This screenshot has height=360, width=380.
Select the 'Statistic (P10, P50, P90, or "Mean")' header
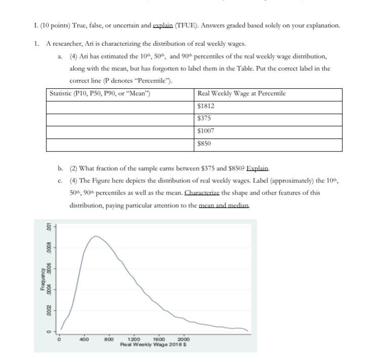(x=99, y=94)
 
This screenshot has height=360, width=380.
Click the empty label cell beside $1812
(x=120, y=106)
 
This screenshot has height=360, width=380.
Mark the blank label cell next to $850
(x=120, y=143)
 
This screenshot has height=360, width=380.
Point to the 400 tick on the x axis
(x=84, y=339)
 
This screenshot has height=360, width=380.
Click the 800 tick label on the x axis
(x=109, y=339)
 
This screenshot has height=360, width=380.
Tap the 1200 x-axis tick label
(x=134, y=339)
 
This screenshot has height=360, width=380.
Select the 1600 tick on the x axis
(x=159, y=339)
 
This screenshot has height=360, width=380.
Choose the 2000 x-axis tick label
(x=183, y=339)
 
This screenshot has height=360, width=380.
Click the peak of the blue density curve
(x=95, y=236)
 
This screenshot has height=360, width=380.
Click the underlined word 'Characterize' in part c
(x=202, y=193)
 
